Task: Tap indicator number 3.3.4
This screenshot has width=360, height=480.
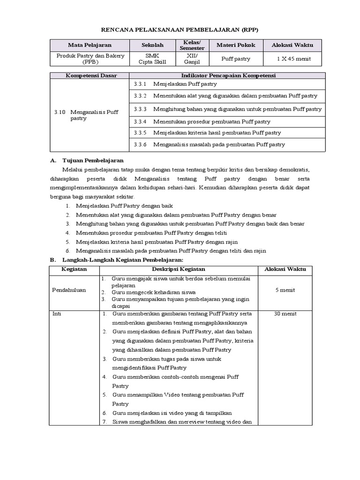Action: click(x=140, y=121)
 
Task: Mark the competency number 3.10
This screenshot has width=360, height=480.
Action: click(x=59, y=112)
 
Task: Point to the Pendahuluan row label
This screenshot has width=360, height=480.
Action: click(x=69, y=290)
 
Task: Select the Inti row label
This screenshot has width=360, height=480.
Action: click(x=56, y=314)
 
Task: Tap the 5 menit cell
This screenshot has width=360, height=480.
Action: click(x=285, y=290)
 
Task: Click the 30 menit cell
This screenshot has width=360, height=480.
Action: click(x=285, y=314)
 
